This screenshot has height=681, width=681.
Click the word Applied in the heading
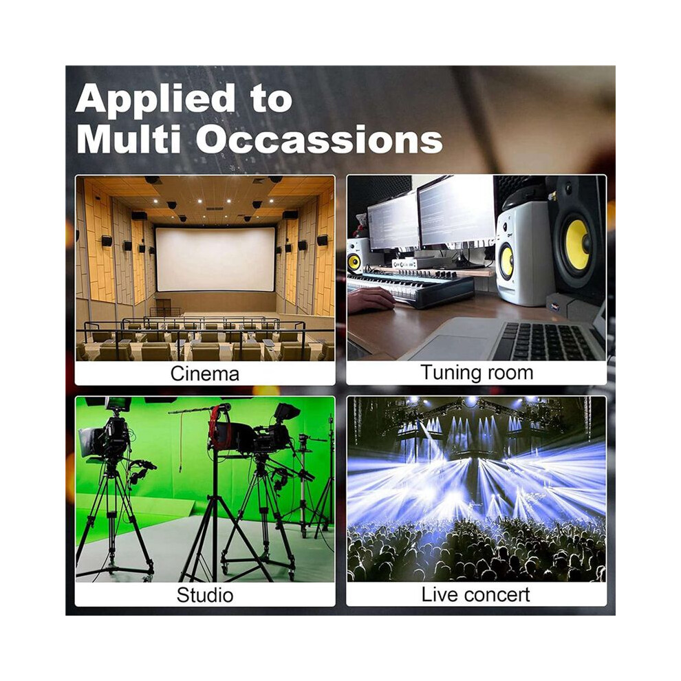(x=155, y=100)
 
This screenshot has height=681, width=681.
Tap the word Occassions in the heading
(x=319, y=139)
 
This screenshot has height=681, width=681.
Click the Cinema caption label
(x=204, y=374)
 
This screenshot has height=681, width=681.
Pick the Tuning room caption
(x=477, y=373)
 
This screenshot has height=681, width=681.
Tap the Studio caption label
(x=204, y=594)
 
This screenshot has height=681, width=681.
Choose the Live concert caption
(x=475, y=594)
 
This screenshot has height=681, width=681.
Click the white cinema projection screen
(x=215, y=259)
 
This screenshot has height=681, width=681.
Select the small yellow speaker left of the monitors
(x=355, y=261)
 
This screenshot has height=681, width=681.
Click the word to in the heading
(x=270, y=100)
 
